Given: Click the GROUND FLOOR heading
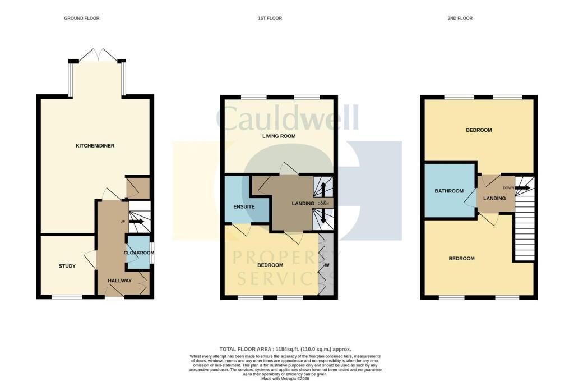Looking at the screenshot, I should pyautogui.click(x=82, y=19).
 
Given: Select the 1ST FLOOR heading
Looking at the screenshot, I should pyautogui.click(x=270, y=19).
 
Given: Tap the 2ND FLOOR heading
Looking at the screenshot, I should pyautogui.click(x=460, y=19).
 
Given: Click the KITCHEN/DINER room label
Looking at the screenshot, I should pyautogui.click(x=95, y=146).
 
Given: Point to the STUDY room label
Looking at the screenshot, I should pyautogui.click(x=67, y=266).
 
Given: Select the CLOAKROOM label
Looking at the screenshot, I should pyautogui.click(x=138, y=253).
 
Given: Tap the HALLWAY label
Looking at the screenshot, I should pyautogui.click(x=119, y=281).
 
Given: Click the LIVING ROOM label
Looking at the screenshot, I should pyautogui.click(x=279, y=136).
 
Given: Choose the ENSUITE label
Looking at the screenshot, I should pyautogui.click(x=244, y=207).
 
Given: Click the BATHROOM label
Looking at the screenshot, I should pyautogui.click(x=450, y=191).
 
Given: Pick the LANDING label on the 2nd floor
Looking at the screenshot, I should pyautogui.click(x=494, y=198).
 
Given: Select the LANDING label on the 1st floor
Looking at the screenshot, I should pyautogui.click(x=303, y=203).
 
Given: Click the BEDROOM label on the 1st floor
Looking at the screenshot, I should pyautogui.click(x=270, y=265).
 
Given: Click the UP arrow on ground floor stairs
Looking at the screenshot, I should pyautogui.click(x=137, y=222).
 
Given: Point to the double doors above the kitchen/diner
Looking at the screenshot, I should pyautogui.click(x=98, y=55).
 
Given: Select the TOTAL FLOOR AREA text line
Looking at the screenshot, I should pyautogui.click(x=285, y=349).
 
